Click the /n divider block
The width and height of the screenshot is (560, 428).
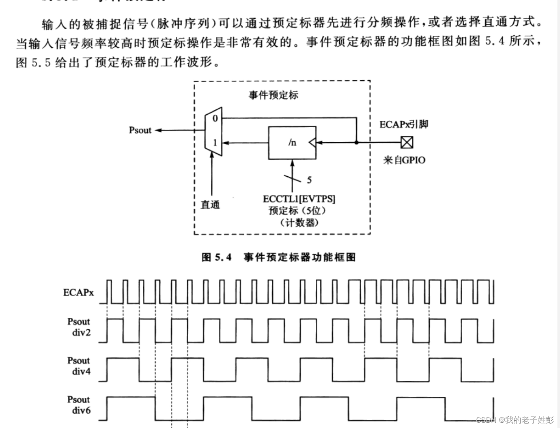pyautogui.click(x=292, y=143)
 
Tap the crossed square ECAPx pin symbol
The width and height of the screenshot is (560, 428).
pyautogui.click(x=407, y=142)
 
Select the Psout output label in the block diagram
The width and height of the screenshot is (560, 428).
pyautogui.click(x=140, y=130)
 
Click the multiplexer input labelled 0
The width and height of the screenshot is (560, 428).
pyautogui.click(x=215, y=118)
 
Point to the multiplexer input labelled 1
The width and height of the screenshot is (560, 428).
pyautogui.click(x=215, y=143)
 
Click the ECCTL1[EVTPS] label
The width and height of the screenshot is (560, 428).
pyautogui.click(x=299, y=199)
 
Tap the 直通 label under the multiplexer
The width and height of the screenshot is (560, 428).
pyautogui.click(x=210, y=205)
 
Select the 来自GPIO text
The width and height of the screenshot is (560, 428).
pyautogui.click(x=404, y=160)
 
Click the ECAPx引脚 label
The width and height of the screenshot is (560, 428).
pyautogui.click(x=404, y=124)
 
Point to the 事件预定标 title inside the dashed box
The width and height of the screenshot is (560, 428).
pyautogui.click(x=274, y=95)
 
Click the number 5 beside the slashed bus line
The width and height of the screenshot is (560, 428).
pyautogui.click(x=309, y=180)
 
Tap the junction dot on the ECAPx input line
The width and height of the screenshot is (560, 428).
pyautogui.click(x=357, y=143)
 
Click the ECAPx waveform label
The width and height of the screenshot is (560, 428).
pyautogui.click(x=78, y=293)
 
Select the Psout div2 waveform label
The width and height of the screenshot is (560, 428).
pyautogui.click(x=79, y=327)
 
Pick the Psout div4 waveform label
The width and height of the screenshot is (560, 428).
pyautogui.click(x=79, y=366)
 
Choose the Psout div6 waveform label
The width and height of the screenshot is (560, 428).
pyautogui.click(x=79, y=405)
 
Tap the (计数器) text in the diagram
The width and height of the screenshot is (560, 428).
pyautogui.click(x=299, y=223)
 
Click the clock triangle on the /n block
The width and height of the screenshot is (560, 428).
pyautogui.click(x=312, y=143)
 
